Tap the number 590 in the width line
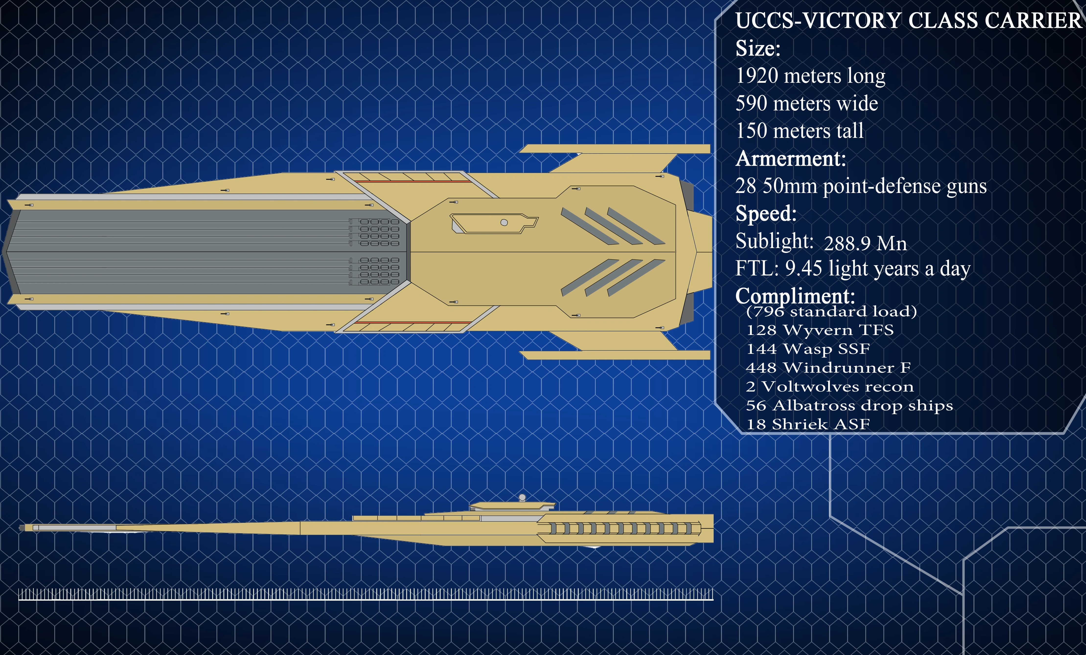coord(752,103)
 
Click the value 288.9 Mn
coord(865,243)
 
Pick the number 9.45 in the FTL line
coord(803,268)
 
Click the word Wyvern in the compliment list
coord(818,330)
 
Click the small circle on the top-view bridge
coord(504,222)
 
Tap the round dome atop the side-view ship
coord(522,497)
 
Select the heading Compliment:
coord(795,296)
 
